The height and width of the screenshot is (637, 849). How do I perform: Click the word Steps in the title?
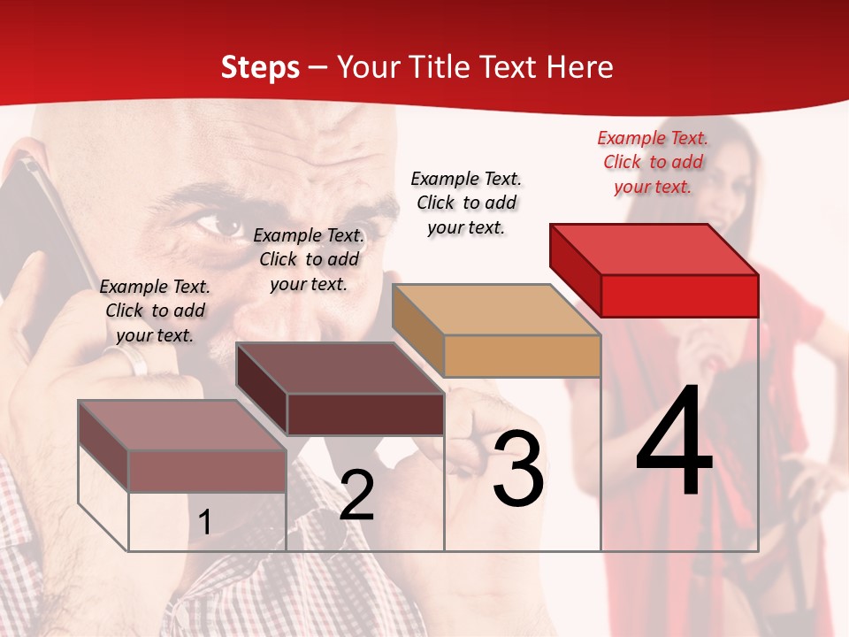[x=260, y=67]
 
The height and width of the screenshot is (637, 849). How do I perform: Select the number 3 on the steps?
[x=517, y=469]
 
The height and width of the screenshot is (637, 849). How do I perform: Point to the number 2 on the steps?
[x=356, y=495]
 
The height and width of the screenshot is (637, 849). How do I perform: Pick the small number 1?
[x=205, y=523]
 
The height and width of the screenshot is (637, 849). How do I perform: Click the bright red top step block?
[x=654, y=270]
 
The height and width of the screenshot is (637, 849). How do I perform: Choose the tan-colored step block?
[x=497, y=331]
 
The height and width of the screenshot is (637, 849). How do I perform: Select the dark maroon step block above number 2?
[x=340, y=389]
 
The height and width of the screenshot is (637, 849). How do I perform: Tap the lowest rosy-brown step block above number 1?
[x=183, y=446]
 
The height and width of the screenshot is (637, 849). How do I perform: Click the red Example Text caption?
[x=653, y=162]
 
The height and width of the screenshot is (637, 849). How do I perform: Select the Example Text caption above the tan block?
[x=466, y=203]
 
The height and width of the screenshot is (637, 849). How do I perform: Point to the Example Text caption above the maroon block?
[x=309, y=259]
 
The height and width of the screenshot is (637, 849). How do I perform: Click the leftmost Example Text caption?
[x=155, y=311]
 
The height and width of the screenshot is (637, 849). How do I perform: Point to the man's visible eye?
[x=218, y=225]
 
